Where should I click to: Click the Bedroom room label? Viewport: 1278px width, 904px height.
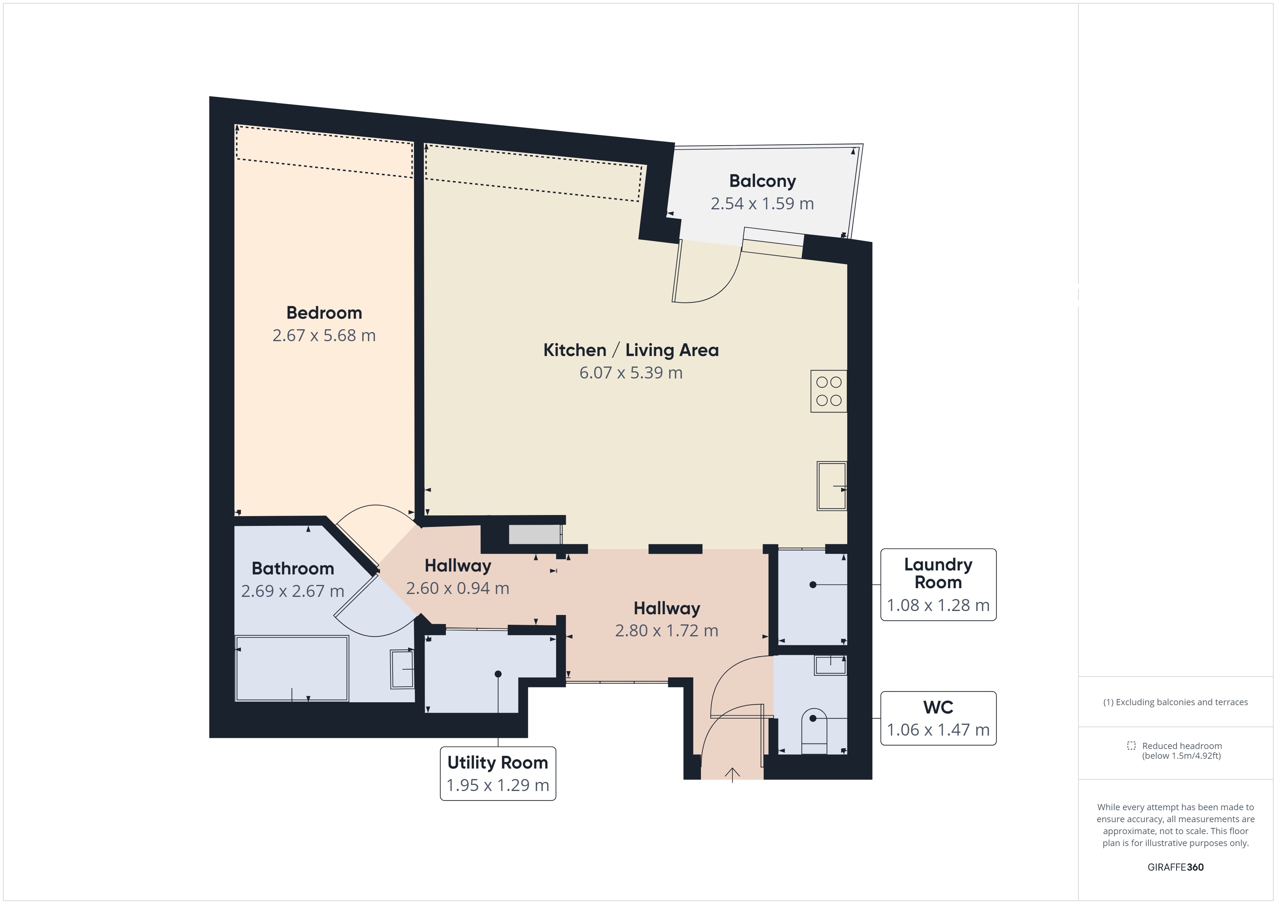[x=324, y=313]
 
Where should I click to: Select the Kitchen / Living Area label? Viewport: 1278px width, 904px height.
[x=631, y=350]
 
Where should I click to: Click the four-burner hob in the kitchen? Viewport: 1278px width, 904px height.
[x=829, y=391]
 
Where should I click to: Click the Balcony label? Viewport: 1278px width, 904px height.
[x=762, y=181]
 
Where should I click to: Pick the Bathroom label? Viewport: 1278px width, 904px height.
[x=293, y=568]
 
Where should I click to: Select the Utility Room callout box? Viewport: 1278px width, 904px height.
[x=498, y=774]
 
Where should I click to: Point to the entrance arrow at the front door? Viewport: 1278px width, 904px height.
[x=732, y=775]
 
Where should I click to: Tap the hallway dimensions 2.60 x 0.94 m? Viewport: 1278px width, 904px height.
[x=458, y=589]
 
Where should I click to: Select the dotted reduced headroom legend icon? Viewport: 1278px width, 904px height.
[x=1131, y=745]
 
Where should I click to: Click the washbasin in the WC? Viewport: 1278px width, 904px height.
[x=831, y=665]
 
